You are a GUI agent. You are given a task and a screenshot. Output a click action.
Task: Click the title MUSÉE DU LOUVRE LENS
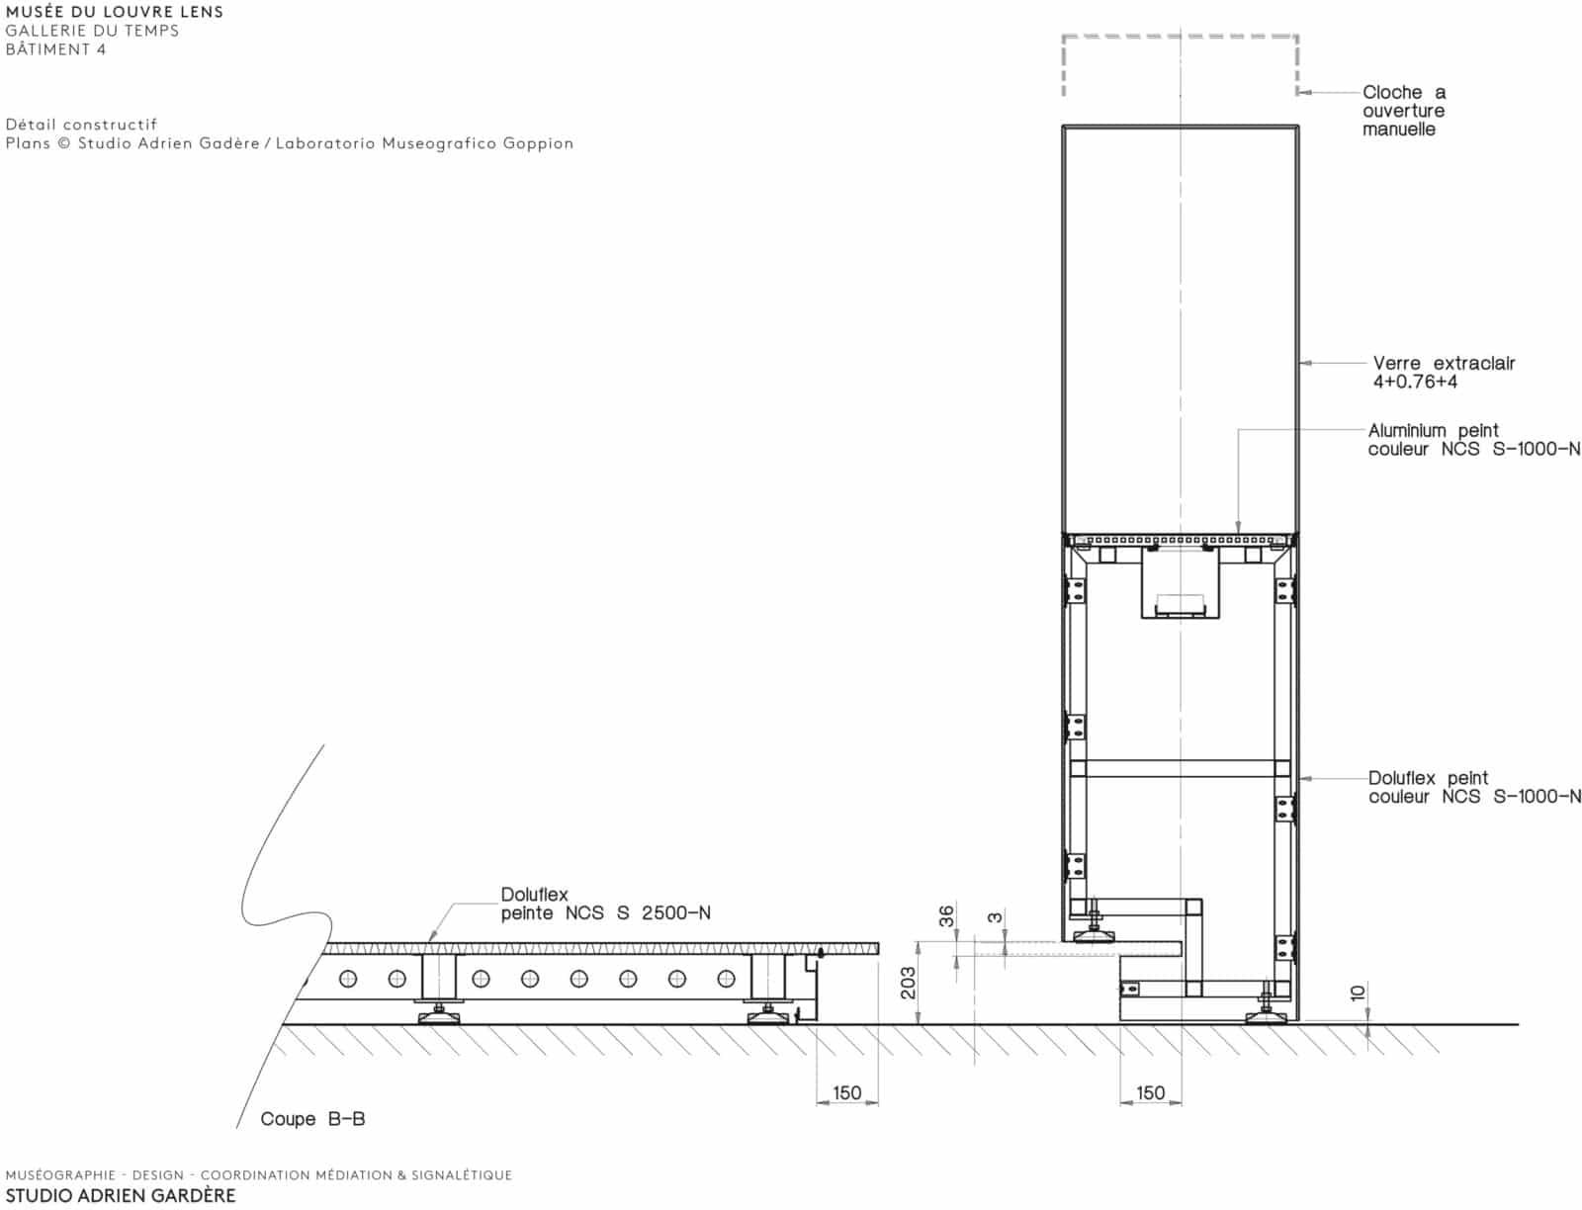[x=115, y=12]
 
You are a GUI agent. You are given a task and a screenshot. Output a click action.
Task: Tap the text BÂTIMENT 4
[x=55, y=49]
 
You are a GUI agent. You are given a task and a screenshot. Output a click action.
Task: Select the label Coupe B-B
[x=312, y=1118]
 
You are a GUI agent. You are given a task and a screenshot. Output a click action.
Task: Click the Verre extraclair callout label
[x=1444, y=363]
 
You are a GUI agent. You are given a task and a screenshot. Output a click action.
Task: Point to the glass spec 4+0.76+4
[x=1415, y=382]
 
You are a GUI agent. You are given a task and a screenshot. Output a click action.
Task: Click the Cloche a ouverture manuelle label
[x=1404, y=111]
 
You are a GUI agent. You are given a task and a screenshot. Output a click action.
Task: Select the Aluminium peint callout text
[x=1433, y=430]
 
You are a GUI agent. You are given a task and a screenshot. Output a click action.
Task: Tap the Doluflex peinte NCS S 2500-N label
[x=605, y=904]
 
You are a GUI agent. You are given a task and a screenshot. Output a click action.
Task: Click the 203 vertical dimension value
[x=908, y=983]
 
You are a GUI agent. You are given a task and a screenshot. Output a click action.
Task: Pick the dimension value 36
[x=946, y=916]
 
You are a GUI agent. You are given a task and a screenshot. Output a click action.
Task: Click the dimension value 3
[x=995, y=917]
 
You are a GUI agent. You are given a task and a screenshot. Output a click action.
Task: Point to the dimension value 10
[x=1358, y=994]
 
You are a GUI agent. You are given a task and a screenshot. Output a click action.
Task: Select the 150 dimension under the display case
[x=1150, y=1092]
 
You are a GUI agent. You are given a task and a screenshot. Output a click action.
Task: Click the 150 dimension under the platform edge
[x=846, y=1092]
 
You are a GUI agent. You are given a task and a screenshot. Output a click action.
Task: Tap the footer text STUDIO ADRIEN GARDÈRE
[x=121, y=1195]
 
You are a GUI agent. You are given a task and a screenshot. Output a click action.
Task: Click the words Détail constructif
[x=81, y=124]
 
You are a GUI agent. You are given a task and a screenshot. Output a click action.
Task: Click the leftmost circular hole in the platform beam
[x=348, y=979]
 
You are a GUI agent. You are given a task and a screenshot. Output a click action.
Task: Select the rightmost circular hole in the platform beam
[x=727, y=979]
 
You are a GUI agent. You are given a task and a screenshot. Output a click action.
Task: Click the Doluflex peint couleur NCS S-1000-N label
[x=1474, y=787]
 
